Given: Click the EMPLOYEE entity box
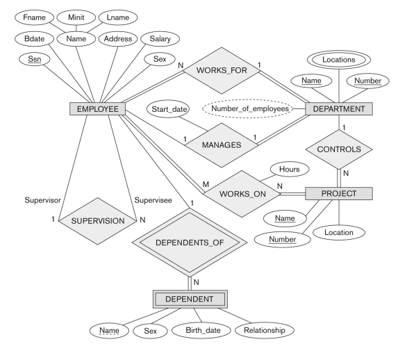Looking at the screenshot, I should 97,109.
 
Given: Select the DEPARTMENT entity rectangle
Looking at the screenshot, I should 340,109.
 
